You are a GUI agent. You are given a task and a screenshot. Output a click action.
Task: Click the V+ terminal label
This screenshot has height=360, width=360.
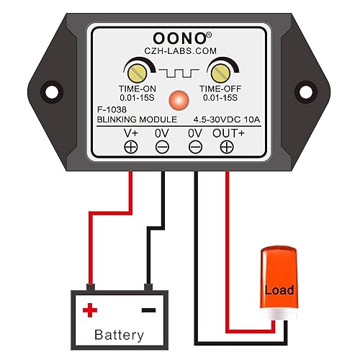(x=131, y=133)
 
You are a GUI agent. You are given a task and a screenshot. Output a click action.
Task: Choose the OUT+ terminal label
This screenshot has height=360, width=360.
(x=227, y=133)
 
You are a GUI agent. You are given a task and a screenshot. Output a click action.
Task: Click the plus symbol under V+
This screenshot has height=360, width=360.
(x=131, y=147)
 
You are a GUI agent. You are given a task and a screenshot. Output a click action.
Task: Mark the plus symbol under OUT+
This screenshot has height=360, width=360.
(x=227, y=147)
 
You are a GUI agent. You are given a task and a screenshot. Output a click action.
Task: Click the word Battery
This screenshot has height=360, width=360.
(x=120, y=335)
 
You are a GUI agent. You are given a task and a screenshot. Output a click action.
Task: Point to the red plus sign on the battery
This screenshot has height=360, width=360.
(x=90, y=310)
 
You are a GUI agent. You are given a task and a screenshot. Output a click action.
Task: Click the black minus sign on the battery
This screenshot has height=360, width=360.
(x=148, y=310)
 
